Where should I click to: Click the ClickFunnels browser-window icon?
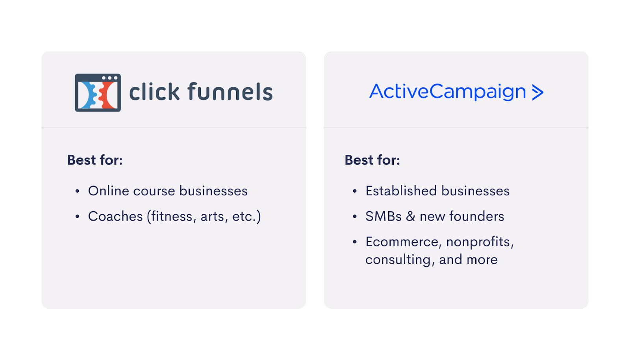click(98, 93)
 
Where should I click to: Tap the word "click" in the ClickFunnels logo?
click(154, 91)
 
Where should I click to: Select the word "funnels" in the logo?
click(230, 91)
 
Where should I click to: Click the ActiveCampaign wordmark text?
click(447, 92)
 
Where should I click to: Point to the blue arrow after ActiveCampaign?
click(537, 92)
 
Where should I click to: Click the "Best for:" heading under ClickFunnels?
click(95, 160)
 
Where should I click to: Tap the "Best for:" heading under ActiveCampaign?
click(372, 160)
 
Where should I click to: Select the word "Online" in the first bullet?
click(108, 191)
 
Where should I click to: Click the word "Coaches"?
click(115, 216)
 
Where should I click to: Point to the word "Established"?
click(401, 191)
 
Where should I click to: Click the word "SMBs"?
click(384, 216)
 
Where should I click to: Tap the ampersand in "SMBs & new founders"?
click(411, 216)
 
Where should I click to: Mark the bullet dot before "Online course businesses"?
click(77, 191)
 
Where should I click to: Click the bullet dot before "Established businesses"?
click(355, 191)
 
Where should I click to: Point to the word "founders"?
click(477, 216)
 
